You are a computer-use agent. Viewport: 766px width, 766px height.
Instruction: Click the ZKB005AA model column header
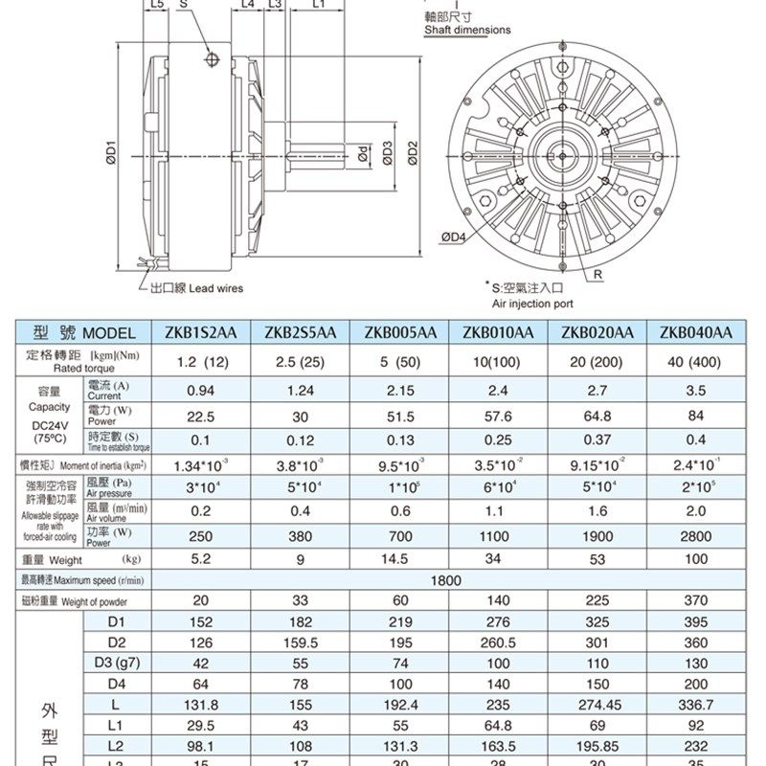click(x=400, y=332)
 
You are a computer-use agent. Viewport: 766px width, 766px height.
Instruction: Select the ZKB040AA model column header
click(x=696, y=332)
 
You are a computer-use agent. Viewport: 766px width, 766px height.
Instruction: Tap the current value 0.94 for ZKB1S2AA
click(x=201, y=391)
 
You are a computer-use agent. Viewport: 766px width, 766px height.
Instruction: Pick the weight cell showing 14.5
click(x=400, y=559)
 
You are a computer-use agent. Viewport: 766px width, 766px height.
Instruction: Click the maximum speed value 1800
click(x=446, y=580)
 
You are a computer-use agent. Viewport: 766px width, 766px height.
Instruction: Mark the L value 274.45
click(x=597, y=703)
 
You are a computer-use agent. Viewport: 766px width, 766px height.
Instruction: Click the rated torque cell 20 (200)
click(x=597, y=362)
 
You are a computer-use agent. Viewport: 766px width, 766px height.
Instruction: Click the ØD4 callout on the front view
click(x=453, y=237)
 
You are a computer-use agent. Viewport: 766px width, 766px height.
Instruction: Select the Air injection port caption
click(x=532, y=303)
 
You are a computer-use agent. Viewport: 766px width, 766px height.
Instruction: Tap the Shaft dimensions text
click(x=467, y=30)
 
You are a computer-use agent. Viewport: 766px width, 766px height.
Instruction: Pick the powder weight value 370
click(x=696, y=601)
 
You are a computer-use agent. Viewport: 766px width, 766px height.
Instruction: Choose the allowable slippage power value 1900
click(x=597, y=538)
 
